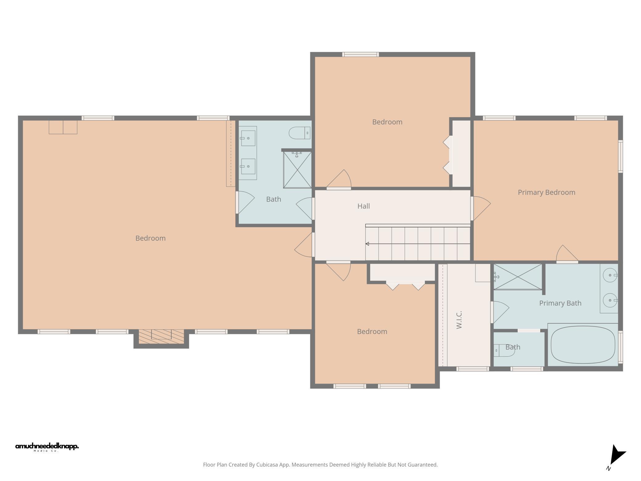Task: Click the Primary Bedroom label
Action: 546,192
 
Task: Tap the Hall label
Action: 363,206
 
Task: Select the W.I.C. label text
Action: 459,320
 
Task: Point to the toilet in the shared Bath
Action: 299,133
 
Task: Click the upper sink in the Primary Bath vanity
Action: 610,275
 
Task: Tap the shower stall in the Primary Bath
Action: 518,277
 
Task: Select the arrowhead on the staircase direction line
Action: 367,244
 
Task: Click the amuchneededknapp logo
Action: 47,446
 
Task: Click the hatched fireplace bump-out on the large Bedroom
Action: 161,337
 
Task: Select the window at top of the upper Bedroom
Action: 361,55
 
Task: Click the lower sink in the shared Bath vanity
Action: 248,166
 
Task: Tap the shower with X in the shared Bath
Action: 297,170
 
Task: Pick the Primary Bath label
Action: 560,303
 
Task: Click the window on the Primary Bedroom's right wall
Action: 620,156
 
